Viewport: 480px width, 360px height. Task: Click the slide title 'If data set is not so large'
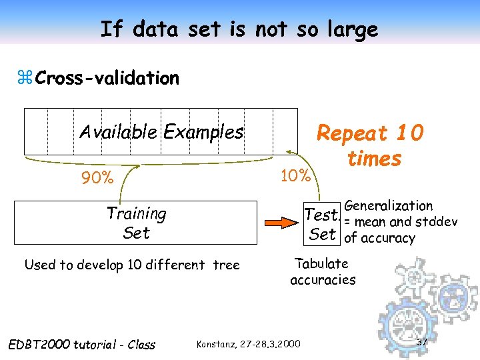[239, 29]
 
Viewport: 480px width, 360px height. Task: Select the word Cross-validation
[107, 78]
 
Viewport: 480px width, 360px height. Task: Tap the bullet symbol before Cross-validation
[27, 79]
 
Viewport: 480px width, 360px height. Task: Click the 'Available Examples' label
[161, 132]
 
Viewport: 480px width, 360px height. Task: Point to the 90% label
[97, 178]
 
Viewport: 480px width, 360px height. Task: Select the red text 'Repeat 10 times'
[371, 146]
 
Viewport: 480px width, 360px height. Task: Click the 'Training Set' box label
[136, 223]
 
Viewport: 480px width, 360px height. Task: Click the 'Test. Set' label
[323, 225]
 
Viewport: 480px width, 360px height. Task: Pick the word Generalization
[389, 206]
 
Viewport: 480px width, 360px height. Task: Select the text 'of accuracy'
[379, 238]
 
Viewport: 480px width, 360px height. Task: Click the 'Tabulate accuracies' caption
[323, 271]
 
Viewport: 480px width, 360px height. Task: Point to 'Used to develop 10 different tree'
[131, 265]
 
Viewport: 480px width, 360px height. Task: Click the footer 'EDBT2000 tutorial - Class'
[81, 345]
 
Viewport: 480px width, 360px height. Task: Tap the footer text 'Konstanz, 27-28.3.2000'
[249, 344]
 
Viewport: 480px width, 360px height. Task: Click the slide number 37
[421, 342]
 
